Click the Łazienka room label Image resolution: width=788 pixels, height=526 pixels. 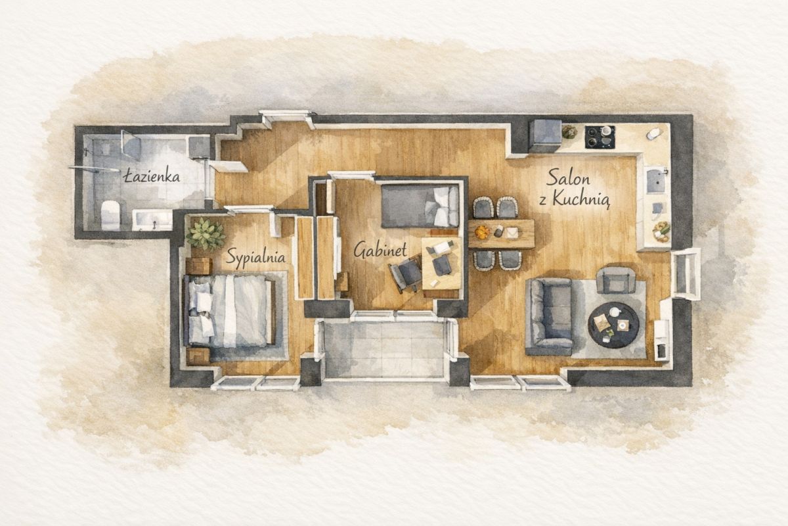coord(152,176)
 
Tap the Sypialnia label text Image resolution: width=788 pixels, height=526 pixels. coord(255,256)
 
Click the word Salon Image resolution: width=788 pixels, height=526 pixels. coord(568,178)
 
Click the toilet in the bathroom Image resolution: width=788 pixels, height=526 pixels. coord(110,214)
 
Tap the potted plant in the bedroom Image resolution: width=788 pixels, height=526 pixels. coord(206,234)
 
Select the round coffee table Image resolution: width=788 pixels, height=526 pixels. coord(613,325)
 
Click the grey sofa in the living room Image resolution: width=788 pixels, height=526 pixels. coord(549,316)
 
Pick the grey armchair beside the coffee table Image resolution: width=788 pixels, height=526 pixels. coord(616,280)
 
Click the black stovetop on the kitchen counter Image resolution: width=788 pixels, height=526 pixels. coord(600,137)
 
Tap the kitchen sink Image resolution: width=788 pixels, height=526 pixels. coord(656,181)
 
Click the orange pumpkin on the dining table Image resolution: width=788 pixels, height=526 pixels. coord(482,231)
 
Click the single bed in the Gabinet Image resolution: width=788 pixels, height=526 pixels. coord(420,206)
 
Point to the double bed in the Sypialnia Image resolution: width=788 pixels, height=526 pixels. coord(229,310)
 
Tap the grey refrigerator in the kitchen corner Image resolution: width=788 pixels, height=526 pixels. coord(546,135)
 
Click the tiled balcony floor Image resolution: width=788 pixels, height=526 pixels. coord(384,348)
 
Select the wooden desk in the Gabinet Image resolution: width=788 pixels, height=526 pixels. coord(442,263)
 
